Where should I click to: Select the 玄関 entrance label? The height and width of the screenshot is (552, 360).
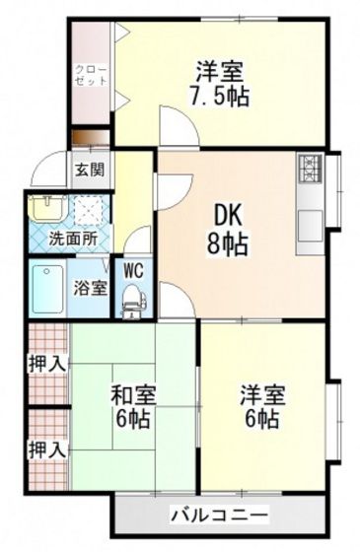tap(86, 169)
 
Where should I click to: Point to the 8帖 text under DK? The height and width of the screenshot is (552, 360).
tap(226, 242)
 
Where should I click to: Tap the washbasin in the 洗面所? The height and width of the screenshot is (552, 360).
tap(44, 208)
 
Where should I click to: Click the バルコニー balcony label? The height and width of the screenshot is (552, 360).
tap(219, 515)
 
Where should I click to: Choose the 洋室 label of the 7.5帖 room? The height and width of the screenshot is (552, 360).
tap(219, 72)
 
